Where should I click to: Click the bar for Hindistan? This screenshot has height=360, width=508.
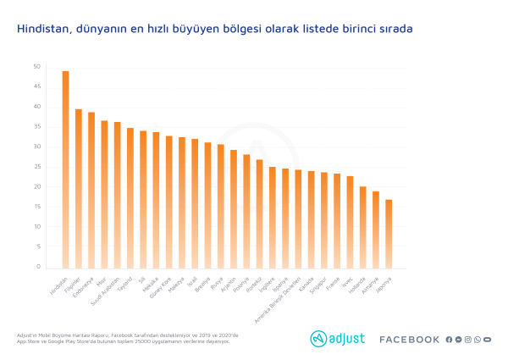65,169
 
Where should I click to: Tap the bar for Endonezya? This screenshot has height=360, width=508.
91,191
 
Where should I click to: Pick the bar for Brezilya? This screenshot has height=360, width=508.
207,206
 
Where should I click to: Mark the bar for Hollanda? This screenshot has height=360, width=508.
362,227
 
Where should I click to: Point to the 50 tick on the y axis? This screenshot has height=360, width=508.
36,67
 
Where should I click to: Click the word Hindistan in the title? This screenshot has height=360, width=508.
43,29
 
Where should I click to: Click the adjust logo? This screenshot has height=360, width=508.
338,339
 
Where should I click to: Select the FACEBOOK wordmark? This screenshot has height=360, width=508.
409,340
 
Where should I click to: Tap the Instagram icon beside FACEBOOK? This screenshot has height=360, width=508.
467,340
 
